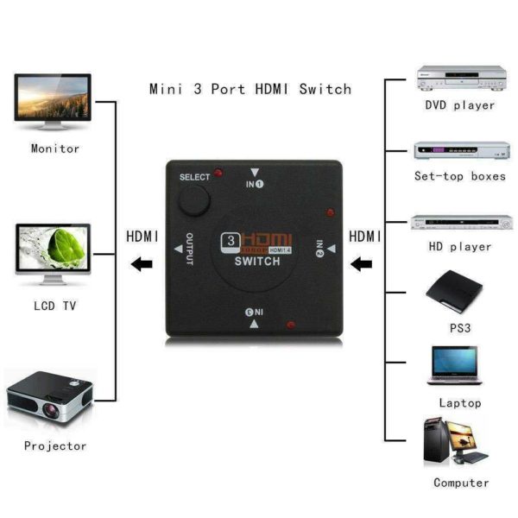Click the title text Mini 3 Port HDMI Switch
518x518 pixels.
point(250,89)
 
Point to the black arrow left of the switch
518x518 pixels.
point(139,263)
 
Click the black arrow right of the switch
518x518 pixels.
point(363,262)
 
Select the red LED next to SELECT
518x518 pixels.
point(220,174)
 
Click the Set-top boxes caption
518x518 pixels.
point(459,175)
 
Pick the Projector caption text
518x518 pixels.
point(55,445)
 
